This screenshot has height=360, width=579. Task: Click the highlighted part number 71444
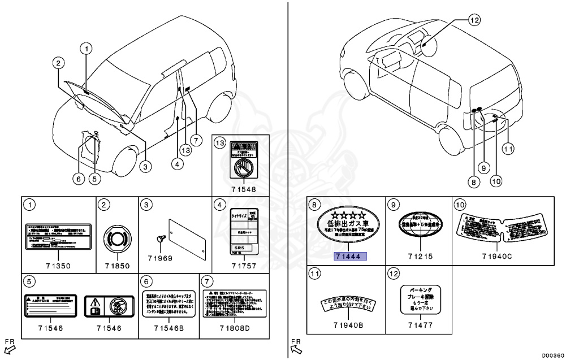(351, 256)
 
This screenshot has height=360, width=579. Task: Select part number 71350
(59, 266)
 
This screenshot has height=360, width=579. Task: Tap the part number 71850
(117, 266)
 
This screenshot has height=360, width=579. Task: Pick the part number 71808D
(232, 327)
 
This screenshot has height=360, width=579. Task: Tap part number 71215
(418, 256)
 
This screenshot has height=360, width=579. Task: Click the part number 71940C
(497, 256)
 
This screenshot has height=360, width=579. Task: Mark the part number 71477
(418, 325)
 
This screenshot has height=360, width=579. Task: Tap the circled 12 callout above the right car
(474, 20)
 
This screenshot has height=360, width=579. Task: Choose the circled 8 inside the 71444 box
(316, 204)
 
